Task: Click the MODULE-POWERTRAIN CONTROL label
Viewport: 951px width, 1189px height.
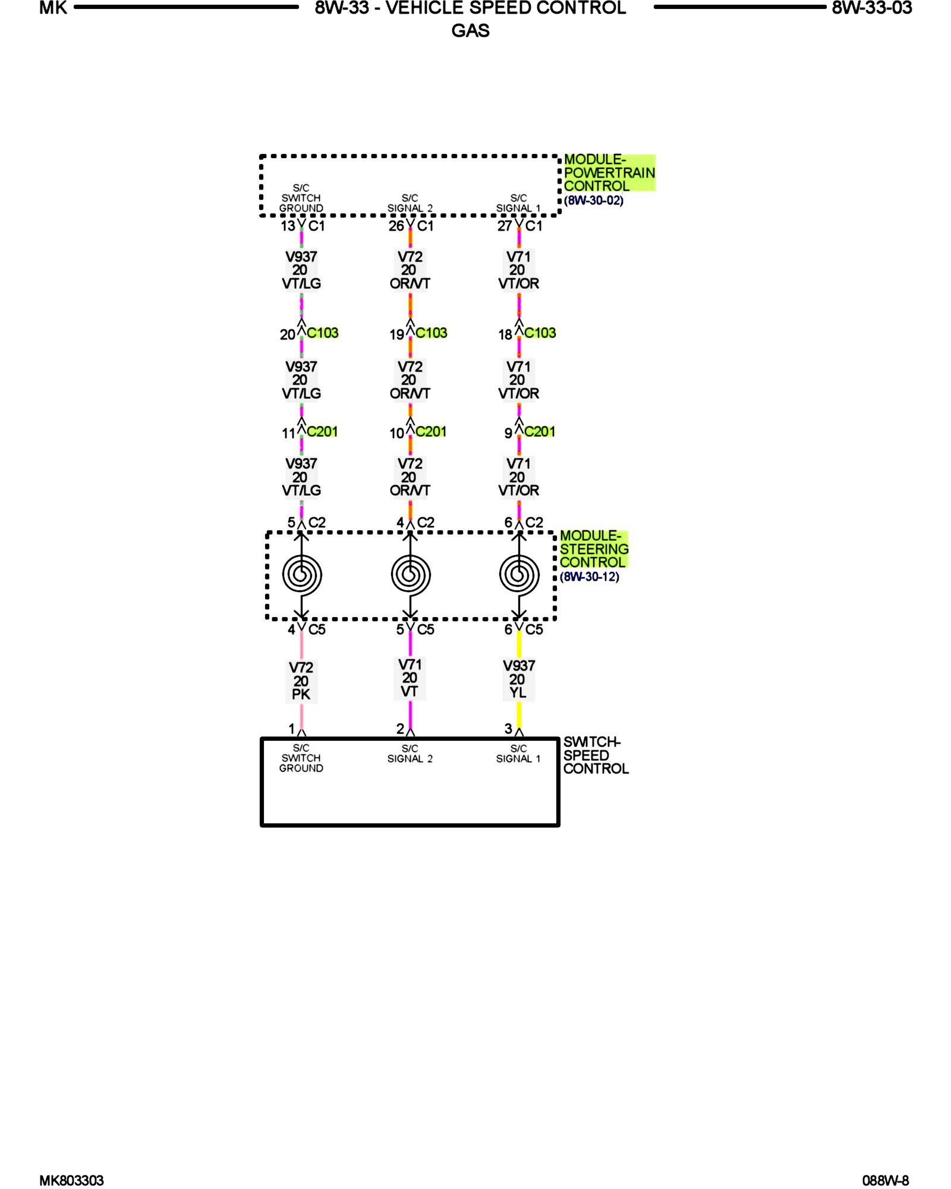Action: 609,172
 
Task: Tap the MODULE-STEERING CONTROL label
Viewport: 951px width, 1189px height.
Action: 593,549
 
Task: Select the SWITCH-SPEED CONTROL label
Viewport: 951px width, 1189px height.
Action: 595,755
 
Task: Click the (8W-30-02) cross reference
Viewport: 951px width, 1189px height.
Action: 593,200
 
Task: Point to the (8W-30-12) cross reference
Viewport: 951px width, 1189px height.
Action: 589,577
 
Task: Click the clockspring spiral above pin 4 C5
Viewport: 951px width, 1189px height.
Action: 301,575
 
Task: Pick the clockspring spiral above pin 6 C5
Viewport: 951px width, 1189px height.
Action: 519,575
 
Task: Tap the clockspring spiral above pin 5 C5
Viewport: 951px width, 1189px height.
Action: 410,575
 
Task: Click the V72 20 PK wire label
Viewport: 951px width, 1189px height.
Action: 301,681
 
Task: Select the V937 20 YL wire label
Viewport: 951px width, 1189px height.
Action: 518,679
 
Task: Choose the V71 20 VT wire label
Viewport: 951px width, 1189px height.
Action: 410,678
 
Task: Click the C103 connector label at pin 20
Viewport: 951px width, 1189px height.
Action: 322,333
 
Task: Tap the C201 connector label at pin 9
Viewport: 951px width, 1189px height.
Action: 539,432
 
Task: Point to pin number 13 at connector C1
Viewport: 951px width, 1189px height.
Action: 288,226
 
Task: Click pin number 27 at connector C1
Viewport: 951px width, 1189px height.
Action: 505,226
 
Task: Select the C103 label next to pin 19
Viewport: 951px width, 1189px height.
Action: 431,333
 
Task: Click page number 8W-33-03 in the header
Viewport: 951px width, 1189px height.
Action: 871,8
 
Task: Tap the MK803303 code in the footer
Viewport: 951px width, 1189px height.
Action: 71,1180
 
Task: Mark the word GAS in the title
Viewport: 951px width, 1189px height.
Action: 470,30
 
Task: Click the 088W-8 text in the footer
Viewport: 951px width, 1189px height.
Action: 885,1180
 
